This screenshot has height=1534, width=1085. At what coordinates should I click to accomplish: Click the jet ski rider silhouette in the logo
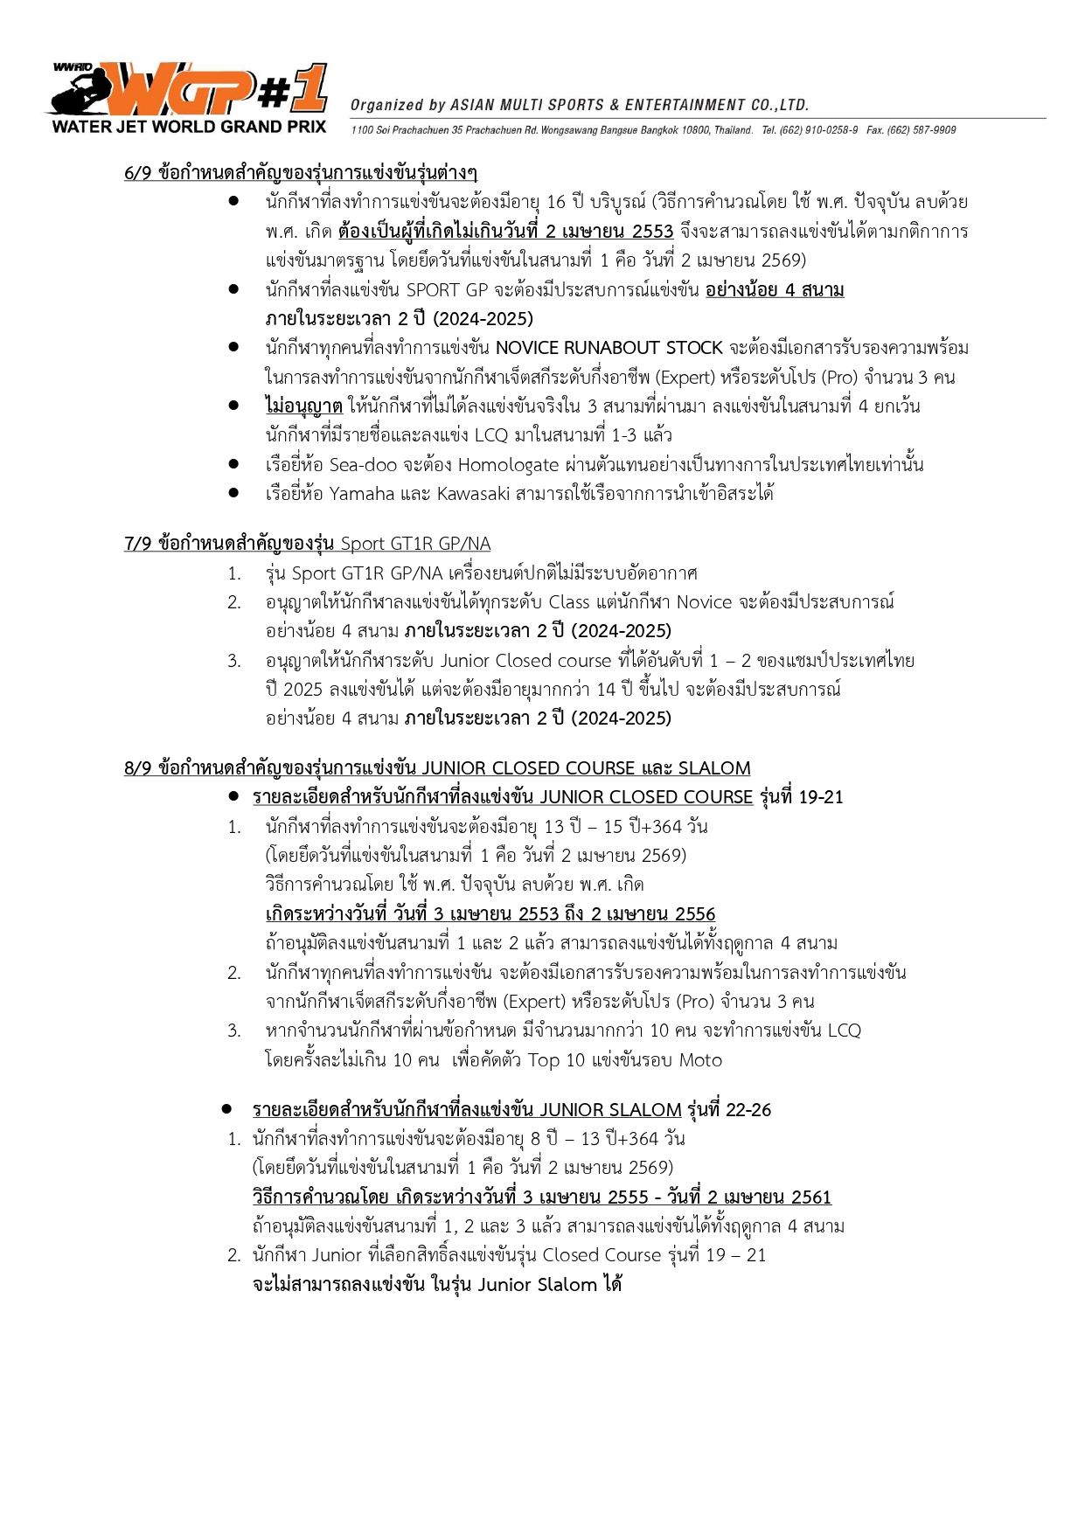tap(80, 93)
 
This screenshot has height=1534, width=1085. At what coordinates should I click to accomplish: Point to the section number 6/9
tap(138, 173)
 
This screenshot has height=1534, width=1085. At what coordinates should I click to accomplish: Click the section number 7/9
tap(138, 545)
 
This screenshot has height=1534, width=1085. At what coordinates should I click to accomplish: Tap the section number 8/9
tap(138, 768)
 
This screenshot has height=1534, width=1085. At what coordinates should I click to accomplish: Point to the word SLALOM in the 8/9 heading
tap(714, 768)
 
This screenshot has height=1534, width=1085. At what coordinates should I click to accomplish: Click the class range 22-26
tap(748, 1110)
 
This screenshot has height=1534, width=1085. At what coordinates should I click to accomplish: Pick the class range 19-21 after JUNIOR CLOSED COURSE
tap(821, 797)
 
